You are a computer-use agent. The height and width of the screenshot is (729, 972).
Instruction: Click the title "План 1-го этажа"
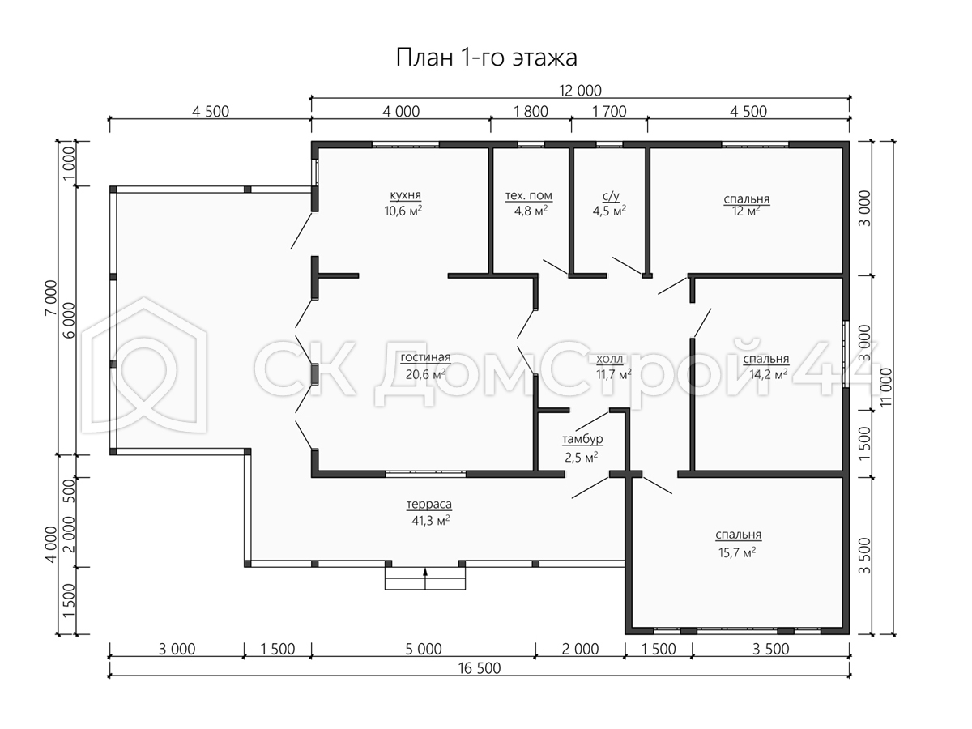486,58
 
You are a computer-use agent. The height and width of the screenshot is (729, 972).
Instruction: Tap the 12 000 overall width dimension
580,91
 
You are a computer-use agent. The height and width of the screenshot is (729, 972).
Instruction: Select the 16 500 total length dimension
480,668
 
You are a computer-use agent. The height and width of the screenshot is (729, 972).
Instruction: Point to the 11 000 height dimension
885,387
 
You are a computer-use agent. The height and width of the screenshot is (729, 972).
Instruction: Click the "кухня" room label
405,195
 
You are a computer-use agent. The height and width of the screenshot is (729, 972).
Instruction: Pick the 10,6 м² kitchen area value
403,211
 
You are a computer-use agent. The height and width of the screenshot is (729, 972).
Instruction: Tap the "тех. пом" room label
529,195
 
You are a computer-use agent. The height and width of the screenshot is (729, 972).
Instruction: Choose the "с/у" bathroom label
611,196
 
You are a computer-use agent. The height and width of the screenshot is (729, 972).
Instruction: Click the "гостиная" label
425,357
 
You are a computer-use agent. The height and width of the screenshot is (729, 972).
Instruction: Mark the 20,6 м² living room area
425,374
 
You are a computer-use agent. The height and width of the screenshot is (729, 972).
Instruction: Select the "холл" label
609,359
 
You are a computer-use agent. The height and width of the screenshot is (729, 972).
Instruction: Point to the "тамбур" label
582,439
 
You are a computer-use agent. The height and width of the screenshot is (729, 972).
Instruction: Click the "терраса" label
428,504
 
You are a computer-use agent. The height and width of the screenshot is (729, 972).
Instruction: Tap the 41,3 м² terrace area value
430,521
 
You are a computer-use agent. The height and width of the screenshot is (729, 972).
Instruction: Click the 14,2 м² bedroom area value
769,374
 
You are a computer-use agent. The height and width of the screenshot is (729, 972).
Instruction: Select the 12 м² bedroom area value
746,211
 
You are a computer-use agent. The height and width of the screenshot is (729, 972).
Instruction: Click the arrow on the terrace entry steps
425,578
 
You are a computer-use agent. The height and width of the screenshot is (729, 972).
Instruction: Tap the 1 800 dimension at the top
531,112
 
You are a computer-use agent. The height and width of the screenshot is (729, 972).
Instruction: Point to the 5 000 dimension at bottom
424,649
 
